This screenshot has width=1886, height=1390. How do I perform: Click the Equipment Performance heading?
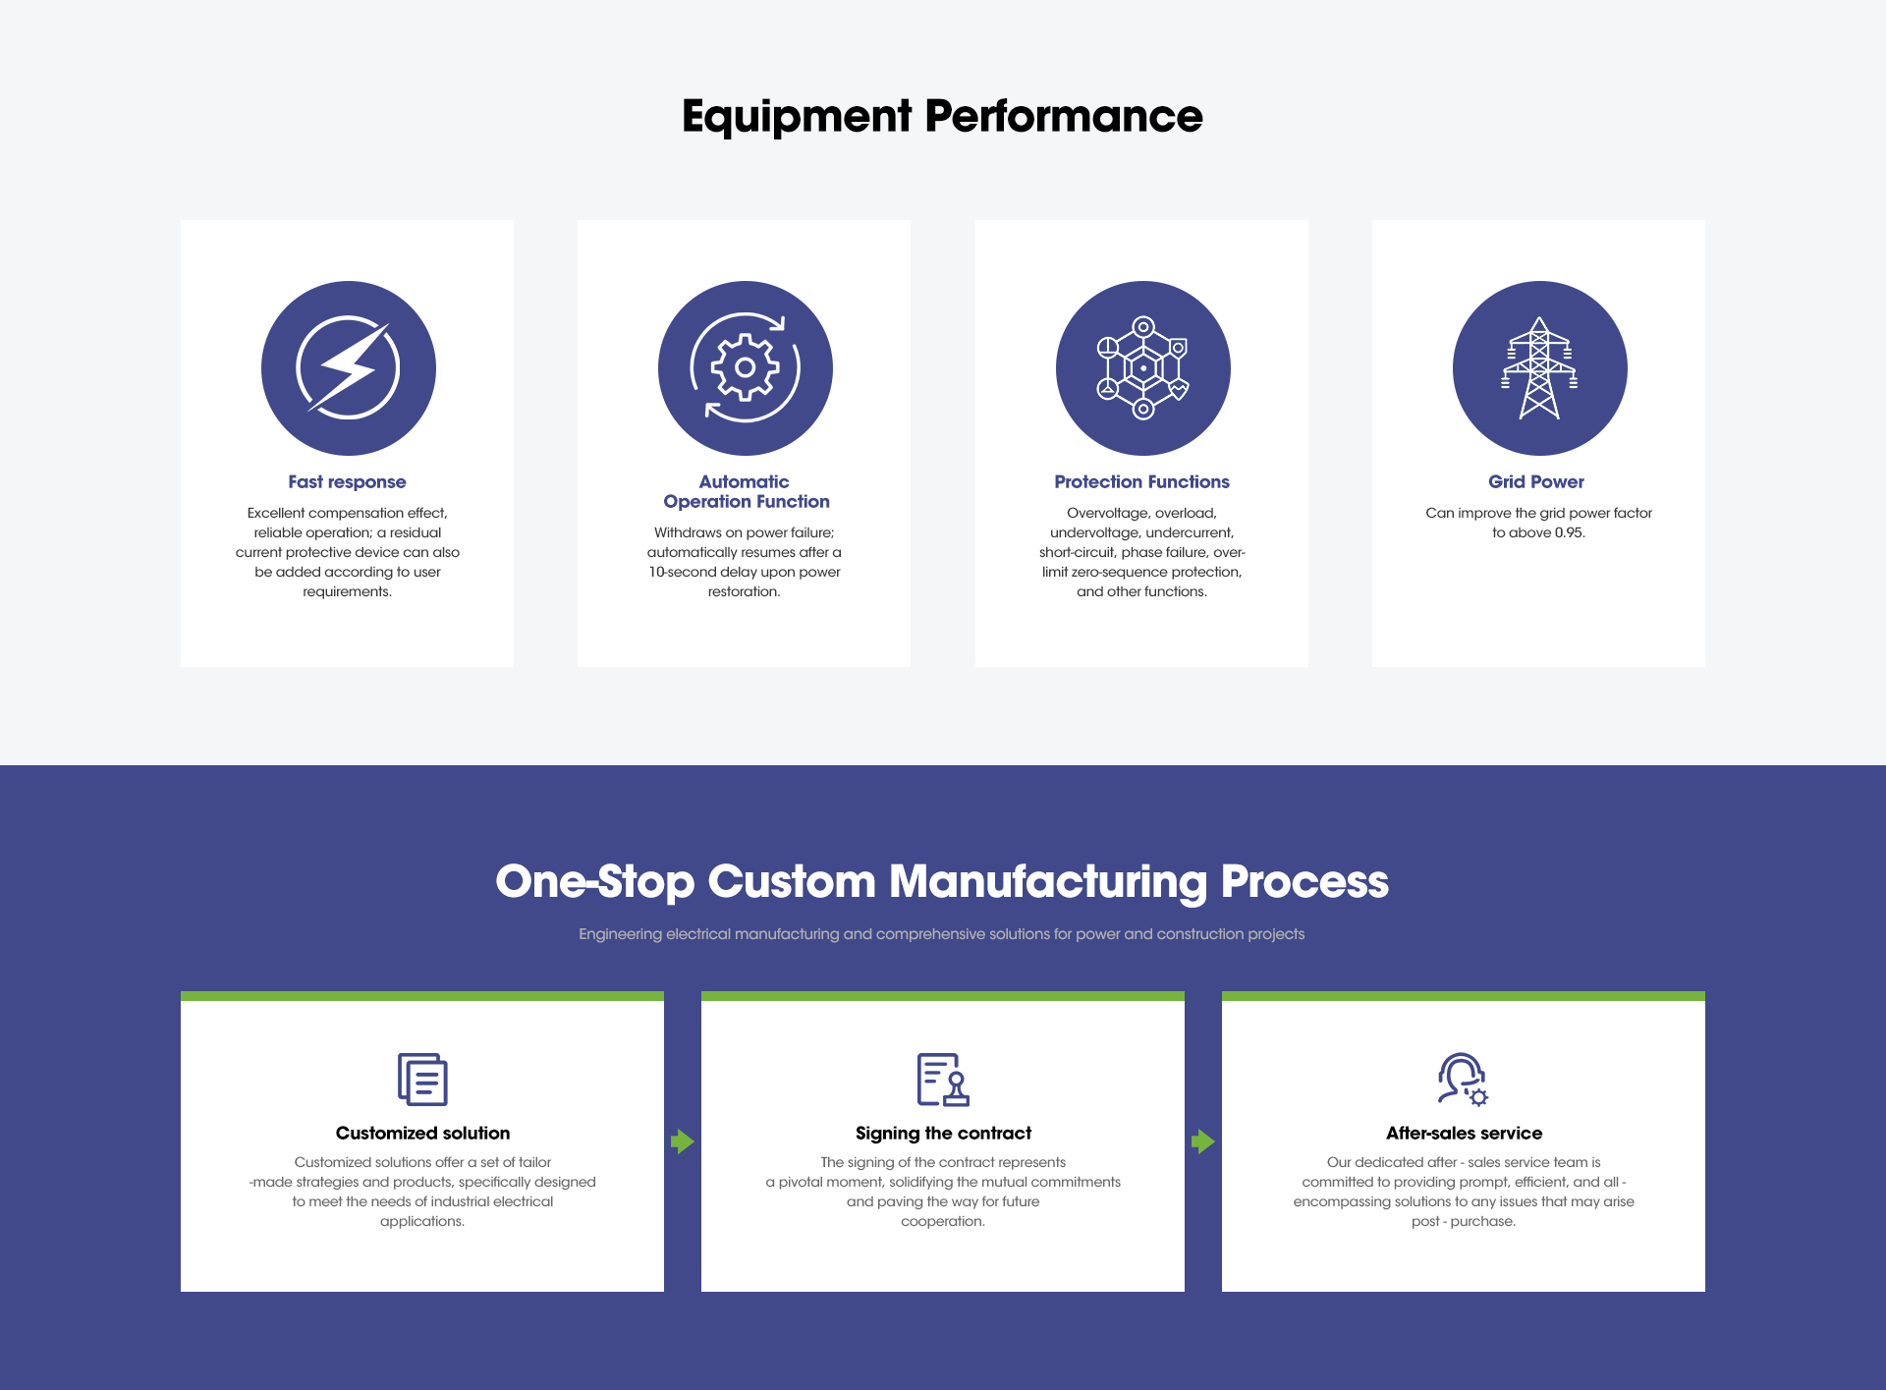[x=942, y=116]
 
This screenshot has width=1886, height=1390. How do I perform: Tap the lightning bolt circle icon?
[x=349, y=368]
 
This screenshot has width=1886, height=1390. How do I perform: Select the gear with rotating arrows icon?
[x=746, y=368]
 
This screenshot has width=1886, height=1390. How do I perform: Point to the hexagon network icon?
[x=1143, y=368]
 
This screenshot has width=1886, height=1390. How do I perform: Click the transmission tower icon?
[x=1539, y=368]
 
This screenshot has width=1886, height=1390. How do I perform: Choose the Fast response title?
[x=347, y=481]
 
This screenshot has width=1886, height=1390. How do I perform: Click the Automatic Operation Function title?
[x=746, y=491]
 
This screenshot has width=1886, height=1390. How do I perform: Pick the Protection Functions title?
[x=1141, y=481]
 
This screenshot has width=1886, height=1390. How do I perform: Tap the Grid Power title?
[x=1536, y=481]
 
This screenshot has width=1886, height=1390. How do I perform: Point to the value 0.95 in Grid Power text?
[x=1569, y=532]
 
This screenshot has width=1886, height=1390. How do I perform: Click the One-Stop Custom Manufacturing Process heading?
[x=942, y=881]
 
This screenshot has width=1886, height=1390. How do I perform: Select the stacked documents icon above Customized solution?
[x=422, y=1080]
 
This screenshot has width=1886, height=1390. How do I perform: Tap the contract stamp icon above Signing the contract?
[x=943, y=1080]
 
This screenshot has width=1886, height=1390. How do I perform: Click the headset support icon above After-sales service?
[x=1463, y=1080]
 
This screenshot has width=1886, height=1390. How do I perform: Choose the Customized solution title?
[x=422, y=1133]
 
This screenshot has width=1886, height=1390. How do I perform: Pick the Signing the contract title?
[x=943, y=1133]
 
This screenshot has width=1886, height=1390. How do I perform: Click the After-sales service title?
[x=1464, y=1133]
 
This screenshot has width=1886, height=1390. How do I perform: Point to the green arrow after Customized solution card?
[x=683, y=1141]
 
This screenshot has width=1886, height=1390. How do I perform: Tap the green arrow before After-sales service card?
[x=1203, y=1141]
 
